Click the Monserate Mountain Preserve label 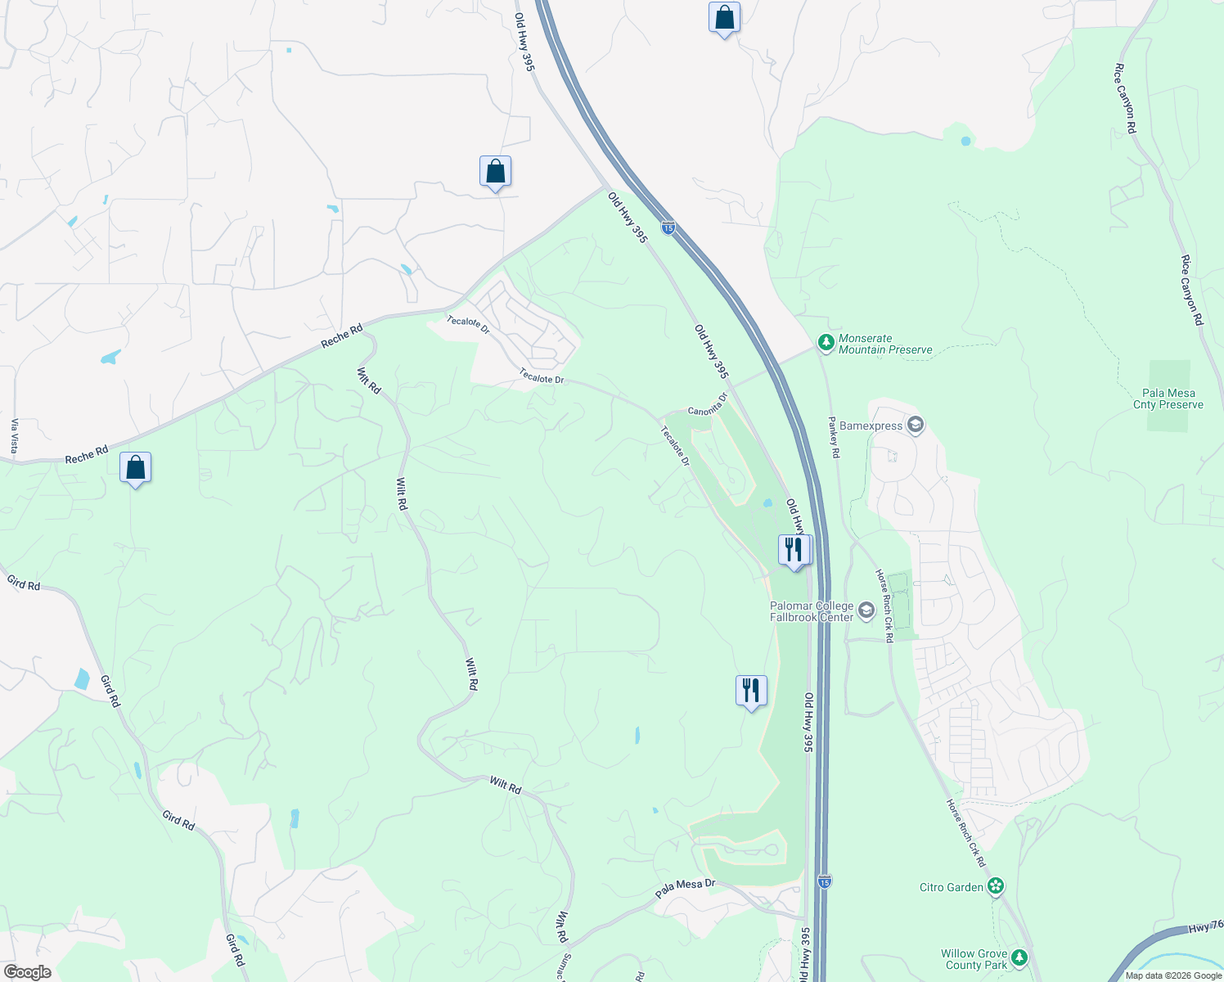point(885,344)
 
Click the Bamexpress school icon point(916,425)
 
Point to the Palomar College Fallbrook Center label point(812,611)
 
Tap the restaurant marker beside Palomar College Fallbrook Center point(794,550)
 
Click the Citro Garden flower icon point(996,886)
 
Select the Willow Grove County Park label point(974,959)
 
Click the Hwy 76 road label point(1205,926)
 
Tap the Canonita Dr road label point(708,403)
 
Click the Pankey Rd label point(835,438)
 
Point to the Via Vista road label point(14,436)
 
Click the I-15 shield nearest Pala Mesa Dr point(825,881)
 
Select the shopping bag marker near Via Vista point(136,469)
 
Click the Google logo point(27,971)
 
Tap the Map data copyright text point(1173,975)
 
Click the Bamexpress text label point(871,426)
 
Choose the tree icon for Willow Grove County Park point(1019,957)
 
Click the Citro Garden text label point(952,887)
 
